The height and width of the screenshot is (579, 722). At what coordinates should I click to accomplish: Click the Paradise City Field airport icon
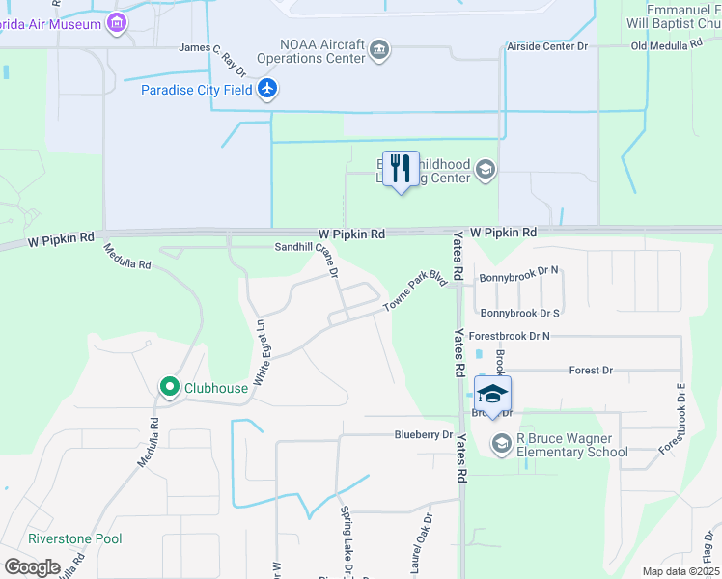click(267, 90)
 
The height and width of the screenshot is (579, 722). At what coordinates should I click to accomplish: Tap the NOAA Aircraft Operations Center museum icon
click(380, 50)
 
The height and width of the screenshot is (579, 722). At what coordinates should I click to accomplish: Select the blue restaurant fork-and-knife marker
click(401, 169)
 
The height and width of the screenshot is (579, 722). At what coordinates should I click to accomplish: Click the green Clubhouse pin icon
click(170, 388)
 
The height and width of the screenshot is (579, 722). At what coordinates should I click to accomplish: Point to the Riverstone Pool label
click(75, 538)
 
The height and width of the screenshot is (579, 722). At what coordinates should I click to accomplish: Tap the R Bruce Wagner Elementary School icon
click(501, 443)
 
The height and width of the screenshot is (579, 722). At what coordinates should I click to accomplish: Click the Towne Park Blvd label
click(417, 290)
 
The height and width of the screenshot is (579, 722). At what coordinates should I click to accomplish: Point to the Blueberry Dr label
click(423, 435)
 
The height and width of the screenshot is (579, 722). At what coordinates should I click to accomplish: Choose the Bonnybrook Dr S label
click(520, 313)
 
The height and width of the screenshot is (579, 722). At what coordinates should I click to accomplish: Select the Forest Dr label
click(592, 370)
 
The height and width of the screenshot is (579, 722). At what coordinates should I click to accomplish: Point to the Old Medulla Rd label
click(665, 46)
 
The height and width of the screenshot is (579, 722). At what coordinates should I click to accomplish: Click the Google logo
click(32, 567)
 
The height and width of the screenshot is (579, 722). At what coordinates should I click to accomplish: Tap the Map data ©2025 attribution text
click(681, 571)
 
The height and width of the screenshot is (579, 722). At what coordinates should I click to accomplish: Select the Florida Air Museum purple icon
click(118, 22)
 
